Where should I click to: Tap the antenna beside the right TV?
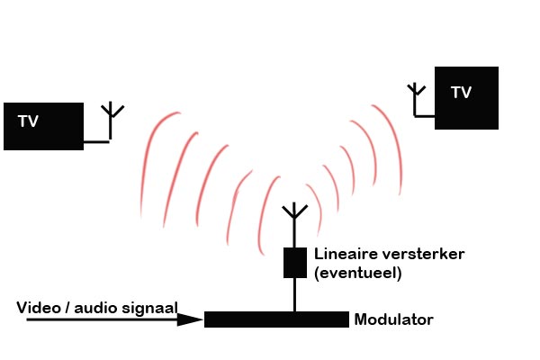coord(415,93)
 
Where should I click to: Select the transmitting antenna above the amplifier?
coord(294,216)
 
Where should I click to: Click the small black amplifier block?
coord(295,262)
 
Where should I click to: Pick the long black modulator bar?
coord(276,319)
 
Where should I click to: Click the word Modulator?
coord(394,319)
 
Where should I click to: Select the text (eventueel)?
coord(357,272)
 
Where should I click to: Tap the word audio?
coord(97,309)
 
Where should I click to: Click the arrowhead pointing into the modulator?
coord(191,319)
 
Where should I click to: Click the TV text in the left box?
coord(28,120)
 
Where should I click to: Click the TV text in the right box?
coord(461,92)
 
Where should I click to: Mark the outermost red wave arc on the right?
coord(393,144)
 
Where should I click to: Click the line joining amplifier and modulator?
coord(294,294)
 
